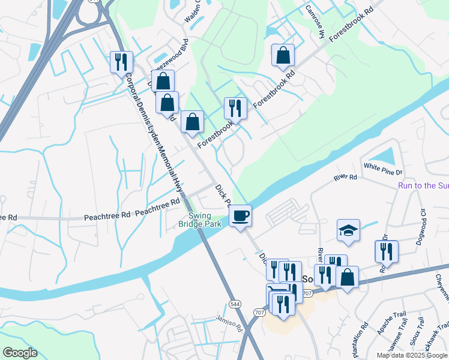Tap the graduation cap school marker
coord(348,230)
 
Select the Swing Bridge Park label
coord(200,220)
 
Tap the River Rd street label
coord(345,178)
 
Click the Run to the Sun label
coord(423,185)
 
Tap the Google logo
coord(19,353)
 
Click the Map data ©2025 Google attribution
coord(411,355)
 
